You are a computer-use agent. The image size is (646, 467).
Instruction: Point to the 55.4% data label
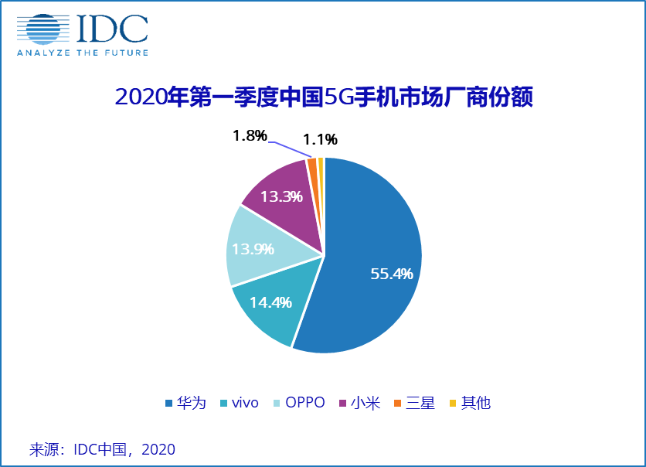pos(392,274)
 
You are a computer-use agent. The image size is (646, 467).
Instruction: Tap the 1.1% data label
pos(320,140)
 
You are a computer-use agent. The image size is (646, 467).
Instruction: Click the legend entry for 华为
pos(186,403)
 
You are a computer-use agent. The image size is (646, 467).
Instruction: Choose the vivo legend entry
pos(239,403)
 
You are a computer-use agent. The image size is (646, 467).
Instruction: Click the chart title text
pos(323,97)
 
